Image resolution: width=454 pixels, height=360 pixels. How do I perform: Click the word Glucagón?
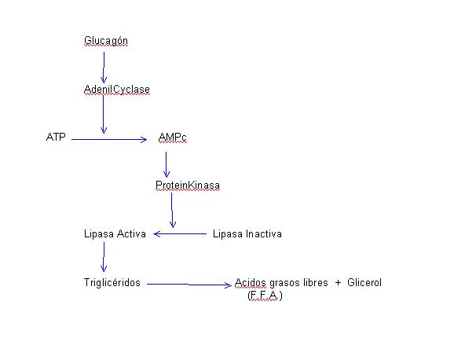coord(106,41)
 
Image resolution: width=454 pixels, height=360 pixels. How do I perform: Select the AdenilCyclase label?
coord(117,90)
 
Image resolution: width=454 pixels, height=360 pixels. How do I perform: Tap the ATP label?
coord(56,137)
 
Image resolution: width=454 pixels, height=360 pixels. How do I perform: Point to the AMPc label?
coord(173,137)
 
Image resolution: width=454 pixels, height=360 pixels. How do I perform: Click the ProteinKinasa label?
coord(188,186)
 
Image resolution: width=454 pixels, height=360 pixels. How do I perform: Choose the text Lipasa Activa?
coord(115,234)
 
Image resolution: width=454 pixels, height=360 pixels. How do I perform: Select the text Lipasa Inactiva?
coord(247,234)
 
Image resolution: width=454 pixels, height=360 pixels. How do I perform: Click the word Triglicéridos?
coord(112,283)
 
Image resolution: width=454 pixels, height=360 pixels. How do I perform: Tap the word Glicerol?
coord(364,282)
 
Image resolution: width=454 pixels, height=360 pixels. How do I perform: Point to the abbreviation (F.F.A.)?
coord(265,296)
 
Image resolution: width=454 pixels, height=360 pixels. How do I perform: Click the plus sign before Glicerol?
coord(338,283)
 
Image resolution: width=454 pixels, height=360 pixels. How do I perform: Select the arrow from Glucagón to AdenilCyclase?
coord(104,68)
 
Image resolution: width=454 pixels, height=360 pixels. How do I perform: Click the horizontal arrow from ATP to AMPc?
coord(109,139)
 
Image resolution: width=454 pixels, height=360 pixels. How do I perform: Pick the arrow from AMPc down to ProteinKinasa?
coord(167,164)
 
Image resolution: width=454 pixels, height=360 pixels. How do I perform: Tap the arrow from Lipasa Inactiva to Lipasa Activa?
coord(180,233)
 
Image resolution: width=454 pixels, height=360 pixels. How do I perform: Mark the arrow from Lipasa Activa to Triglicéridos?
coord(104,257)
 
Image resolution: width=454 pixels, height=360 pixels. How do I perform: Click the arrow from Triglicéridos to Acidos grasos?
coord(189,285)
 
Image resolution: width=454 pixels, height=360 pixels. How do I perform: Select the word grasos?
coord(284,283)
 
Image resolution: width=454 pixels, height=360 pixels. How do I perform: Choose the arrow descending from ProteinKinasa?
coord(172,210)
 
